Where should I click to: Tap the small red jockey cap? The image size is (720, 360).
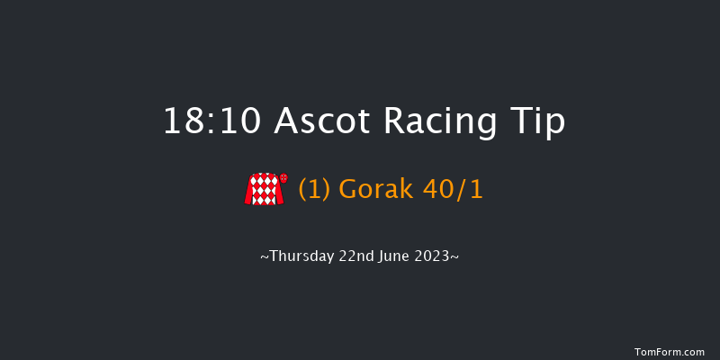tap(284, 178)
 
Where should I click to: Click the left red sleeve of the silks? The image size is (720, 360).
tap(249, 191)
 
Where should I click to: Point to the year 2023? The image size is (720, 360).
tap(435, 256)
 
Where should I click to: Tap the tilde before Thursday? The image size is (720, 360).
tap(264, 257)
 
